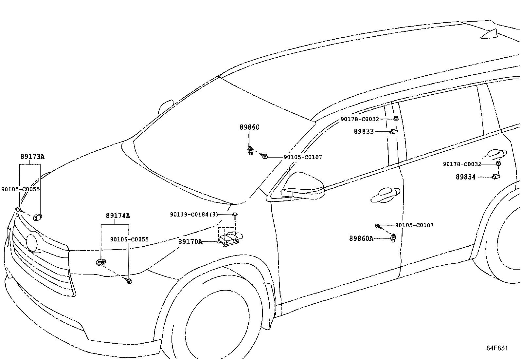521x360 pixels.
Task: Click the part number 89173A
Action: click(x=32, y=157)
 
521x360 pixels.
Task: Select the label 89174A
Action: click(x=118, y=216)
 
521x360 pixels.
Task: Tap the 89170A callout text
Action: click(x=190, y=242)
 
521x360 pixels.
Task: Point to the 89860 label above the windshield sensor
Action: click(x=250, y=127)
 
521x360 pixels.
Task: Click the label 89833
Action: click(x=364, y=131)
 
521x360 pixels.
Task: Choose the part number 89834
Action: click(x=466, y=177)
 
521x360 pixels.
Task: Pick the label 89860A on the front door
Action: click(x=361, y=238)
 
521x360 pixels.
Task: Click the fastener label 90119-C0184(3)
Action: click(x=194, y=215)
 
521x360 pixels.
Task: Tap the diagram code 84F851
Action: click(x=497, y=348)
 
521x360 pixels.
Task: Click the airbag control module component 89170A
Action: click(x=230, y=239)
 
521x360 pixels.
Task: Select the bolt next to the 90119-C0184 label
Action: click(x=235, y=216)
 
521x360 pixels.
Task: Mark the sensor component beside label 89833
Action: click(x=394, y=132)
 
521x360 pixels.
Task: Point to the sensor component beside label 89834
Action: click(x=496, y=177)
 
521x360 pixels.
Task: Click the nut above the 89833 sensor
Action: click(x=396, y=118)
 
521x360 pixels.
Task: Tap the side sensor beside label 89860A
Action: click(x=393, y=238)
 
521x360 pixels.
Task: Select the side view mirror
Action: click(x=303, y=186)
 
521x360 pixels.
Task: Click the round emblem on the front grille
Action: click(x=32, y=243)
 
